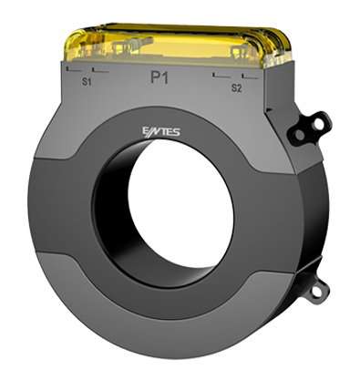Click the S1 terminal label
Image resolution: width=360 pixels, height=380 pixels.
[x=87, y=82]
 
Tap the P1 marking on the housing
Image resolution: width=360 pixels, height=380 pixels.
[x=159, y=78]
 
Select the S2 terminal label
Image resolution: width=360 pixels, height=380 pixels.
[x=236, y=88]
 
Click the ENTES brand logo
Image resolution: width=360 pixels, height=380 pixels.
[x=161, y=132]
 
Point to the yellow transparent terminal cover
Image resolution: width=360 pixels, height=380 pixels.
[x=178, y=45]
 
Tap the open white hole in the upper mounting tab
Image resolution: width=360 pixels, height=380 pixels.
[x=319, y=124]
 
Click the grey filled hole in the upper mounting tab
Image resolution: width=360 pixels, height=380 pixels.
[x=300, y=135]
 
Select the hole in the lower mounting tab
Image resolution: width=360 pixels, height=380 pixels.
[x=316, y=292]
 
